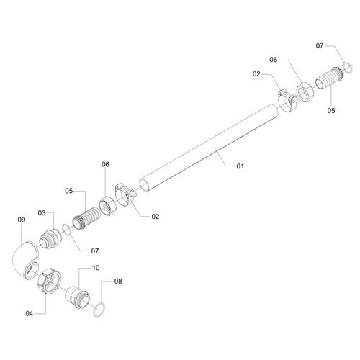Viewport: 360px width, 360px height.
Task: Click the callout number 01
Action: [x=240, y=166]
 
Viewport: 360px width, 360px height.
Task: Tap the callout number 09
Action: [x=22, y=220]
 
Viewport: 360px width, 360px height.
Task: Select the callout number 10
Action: [x=96, y=268]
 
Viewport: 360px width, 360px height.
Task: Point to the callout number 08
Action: [x=118, y=281]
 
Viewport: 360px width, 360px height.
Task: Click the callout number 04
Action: [x=30, y=313]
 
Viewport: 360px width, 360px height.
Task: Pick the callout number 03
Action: [x=42, y=213]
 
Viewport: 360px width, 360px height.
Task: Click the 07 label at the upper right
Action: [x=320, y=45]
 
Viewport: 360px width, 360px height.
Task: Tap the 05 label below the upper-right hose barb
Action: [x=331, y=111]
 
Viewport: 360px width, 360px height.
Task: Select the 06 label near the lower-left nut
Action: [x=105, y=164]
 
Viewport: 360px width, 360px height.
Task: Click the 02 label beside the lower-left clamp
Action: [x=156, y=217]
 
